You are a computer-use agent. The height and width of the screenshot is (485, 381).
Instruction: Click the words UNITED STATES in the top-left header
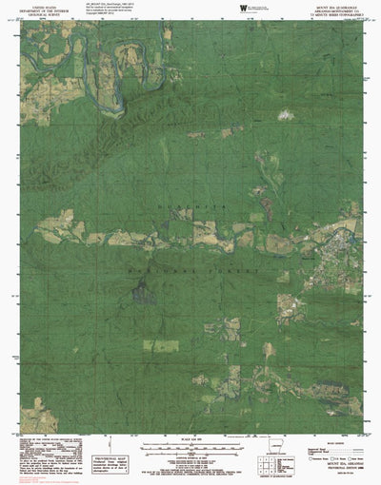coord(37,7)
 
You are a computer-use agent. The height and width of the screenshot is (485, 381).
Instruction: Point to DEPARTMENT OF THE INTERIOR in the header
coord(37,11)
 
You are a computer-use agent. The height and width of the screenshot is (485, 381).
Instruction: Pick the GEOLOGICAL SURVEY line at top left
coord(37,16)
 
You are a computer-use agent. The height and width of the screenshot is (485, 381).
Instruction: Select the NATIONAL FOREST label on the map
coord(196,270)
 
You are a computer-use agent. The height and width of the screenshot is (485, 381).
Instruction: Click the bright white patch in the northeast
coord(282,116)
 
